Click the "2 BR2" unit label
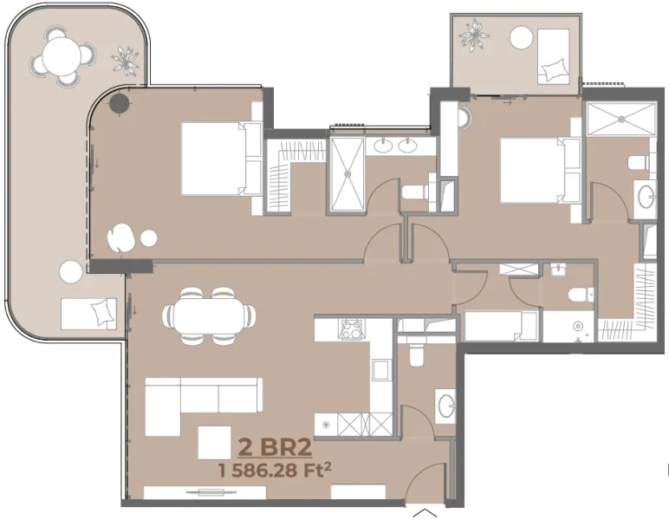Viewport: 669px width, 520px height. [x=274, y=449]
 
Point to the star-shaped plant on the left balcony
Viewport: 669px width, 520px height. [x=127, y=62]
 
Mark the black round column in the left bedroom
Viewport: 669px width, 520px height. [x=118, y=105]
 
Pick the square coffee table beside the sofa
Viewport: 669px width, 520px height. [x=215, y=442]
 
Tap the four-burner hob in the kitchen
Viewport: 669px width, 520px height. [x=352, y=330]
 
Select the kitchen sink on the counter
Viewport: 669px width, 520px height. [x=380, y=369]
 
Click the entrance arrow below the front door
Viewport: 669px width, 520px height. [x=422, y=511]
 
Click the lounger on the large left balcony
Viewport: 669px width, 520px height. [x=88, y=312]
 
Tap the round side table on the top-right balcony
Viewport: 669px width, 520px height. [x=521, y=36]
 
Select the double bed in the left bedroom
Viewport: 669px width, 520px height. [x=221, y=158]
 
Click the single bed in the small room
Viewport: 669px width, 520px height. [x=500, y=327]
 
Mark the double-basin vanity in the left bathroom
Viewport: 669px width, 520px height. [x=394, y=146]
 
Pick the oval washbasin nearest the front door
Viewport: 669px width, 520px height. [x=445, y=406]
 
